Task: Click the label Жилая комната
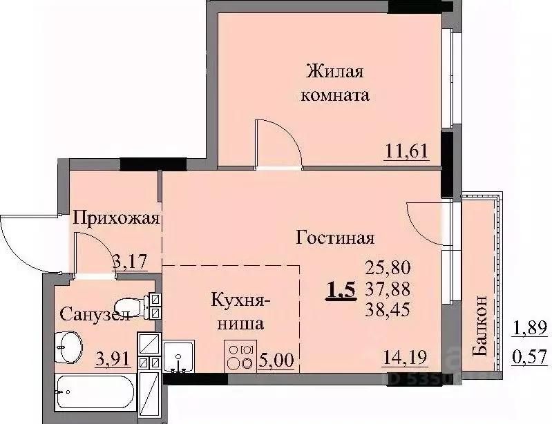click(x=335, y=83)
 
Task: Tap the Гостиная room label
click(x=335, y=238)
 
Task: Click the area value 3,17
click(x=135, y=260)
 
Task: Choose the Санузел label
click(x=95, y=315)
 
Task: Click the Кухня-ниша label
click(x=240, y=311)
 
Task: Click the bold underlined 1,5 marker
click(x=341, y=289)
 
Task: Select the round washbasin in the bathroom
click(x=70, y=343)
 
